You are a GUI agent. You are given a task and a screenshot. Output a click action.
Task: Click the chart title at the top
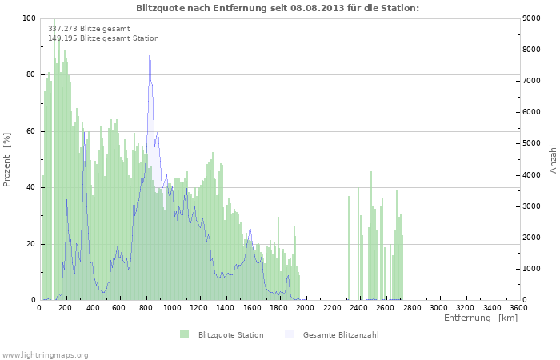(278, 8)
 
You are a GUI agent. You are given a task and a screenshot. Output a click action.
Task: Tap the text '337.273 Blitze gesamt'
(89, 29)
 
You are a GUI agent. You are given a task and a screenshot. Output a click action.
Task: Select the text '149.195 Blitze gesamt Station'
(103, 38)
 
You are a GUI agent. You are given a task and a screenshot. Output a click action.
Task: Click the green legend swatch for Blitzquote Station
(184, 334)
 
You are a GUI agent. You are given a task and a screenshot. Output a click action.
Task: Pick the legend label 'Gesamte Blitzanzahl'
(341, 335)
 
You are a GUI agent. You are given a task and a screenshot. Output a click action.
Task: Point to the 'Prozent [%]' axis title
(6, 160)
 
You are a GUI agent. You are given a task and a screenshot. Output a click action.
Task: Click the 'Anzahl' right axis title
(554, 159)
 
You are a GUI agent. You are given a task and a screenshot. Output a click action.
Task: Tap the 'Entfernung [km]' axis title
(481, 318)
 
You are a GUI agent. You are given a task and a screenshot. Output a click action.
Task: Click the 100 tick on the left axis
(29, 18)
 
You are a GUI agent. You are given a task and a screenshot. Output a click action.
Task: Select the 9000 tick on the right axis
(531, 18)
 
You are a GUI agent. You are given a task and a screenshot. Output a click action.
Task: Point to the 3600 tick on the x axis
(518, 308)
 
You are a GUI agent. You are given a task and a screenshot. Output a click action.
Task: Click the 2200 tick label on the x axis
(332, 308)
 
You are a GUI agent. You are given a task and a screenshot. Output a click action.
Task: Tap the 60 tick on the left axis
(31, 131)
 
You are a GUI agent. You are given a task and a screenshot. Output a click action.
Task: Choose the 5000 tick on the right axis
(531, 143)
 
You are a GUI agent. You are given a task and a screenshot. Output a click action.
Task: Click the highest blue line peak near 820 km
(150, 39)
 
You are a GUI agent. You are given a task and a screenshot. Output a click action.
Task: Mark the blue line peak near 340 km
(84, 132)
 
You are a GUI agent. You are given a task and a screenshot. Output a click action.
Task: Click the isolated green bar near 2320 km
(349, 247)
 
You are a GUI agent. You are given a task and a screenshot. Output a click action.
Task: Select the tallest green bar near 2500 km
(371, 235)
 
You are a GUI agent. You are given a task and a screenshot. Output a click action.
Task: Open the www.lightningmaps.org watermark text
(45, 355)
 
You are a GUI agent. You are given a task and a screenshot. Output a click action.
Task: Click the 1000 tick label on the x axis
(172, 308)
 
